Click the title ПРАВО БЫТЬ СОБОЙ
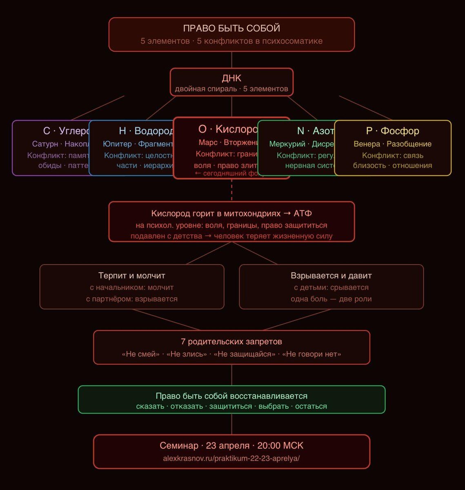point(231,29)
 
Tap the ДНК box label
point(231,78)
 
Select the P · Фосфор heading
point(392,131)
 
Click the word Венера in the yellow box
point(367,144)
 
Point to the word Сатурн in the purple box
point(45,144)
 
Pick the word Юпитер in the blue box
point(117,144)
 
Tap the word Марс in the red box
point(208,143)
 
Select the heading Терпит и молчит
point(131,276)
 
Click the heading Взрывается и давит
point(331,276)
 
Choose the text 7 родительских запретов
point(231,341)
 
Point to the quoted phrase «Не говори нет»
point(311,354)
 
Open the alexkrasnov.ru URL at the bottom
point(231,458)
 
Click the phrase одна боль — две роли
point(331,298)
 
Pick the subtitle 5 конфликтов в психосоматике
point(260,41)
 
